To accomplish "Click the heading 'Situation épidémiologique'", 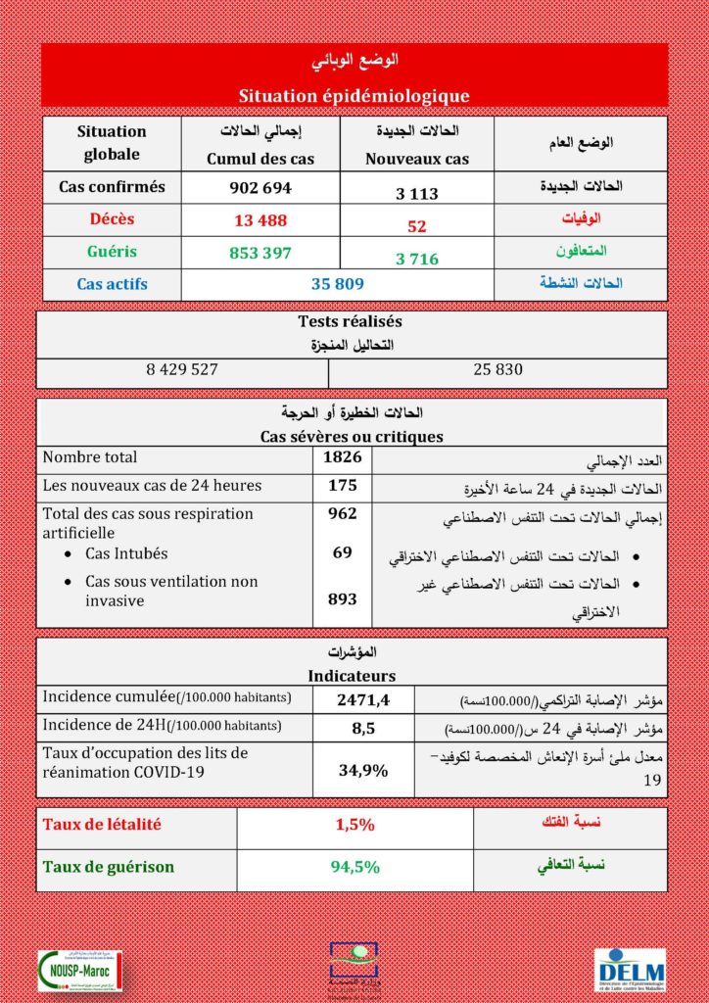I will click(x=354, y=96).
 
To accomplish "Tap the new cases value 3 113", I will click(x=417, y=193).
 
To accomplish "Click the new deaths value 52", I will click(x=417, y=226).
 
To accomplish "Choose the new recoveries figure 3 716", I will click(x=417, y=260).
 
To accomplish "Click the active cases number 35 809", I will click(x=337, y=284).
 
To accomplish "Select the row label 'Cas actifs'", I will click(x=112, y=284).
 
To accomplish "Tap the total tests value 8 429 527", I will click(x=182, y=369).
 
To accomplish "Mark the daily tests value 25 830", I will click(x=497, y=369).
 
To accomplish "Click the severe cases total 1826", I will click(x=343, y=457).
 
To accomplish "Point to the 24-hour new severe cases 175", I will click(x=343, y=485).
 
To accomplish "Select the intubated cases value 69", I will click(x=343, y=553).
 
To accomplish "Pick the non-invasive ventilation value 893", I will click(x=343, y=598).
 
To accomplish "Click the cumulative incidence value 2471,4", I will click(x=363, y=699).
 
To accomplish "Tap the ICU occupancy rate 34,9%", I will click(x=363, y=770).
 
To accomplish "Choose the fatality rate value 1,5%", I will click(x=354, y=825).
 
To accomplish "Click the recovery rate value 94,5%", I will click(x=354, y=867).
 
